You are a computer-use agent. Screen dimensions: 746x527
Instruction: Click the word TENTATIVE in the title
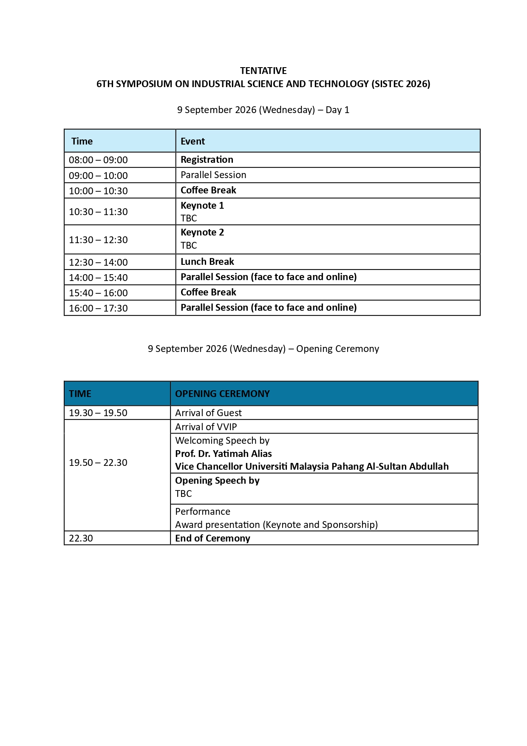point(263,71)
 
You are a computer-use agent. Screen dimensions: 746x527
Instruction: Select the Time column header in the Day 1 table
point(82,141)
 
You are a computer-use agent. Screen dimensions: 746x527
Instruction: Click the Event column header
point(193,141)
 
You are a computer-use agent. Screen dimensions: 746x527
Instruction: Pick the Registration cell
point(207,159)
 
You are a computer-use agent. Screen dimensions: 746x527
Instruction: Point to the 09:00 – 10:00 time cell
point(98,176)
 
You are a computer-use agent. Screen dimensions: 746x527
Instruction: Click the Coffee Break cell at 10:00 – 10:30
point(208,190)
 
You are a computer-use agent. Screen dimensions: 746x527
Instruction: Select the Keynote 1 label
point(202,205)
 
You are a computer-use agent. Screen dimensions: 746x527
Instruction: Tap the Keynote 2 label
point(202,232)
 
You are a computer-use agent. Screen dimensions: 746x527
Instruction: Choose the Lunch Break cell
point(207,261)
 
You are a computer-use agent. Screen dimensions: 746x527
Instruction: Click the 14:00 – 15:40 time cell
point(98,278)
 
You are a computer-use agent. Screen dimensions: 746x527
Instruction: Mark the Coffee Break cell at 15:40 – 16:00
point(208,292)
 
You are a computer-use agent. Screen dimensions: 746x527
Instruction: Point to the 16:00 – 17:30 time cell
point(98,308)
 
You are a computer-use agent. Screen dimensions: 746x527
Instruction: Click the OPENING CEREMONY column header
point(222,394)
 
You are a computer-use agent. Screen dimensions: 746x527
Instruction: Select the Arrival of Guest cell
point(208,413)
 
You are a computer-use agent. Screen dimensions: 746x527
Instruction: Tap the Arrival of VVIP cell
point(206,427)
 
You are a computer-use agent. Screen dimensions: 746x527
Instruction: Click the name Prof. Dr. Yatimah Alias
point(224,454)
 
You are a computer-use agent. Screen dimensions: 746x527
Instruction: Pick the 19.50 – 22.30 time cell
point(98,462)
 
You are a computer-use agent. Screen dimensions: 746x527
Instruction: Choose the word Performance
point(203,511)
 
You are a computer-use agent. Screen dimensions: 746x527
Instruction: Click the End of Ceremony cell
point(212,538)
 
